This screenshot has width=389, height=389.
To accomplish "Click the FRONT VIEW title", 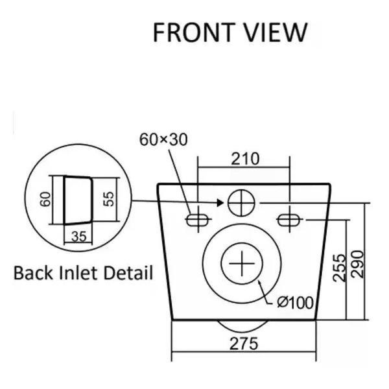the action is tap(230, 32).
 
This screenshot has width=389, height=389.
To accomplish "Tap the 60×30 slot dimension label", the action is tap(163, 139).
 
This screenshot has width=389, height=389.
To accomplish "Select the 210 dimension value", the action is tap(245, 159).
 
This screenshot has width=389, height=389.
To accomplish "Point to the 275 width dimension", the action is tap(244, 344).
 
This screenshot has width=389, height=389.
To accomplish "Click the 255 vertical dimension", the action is tap(339, 268).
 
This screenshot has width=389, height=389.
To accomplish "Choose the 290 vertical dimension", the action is tap(357, 265).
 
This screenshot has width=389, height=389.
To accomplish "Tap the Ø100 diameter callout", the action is tap(295, 303).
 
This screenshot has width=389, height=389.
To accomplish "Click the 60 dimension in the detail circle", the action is tap(45, 199).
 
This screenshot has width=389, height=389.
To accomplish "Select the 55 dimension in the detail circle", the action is tap(109, 199).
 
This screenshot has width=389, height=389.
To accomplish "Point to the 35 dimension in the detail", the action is tap(78, 237).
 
